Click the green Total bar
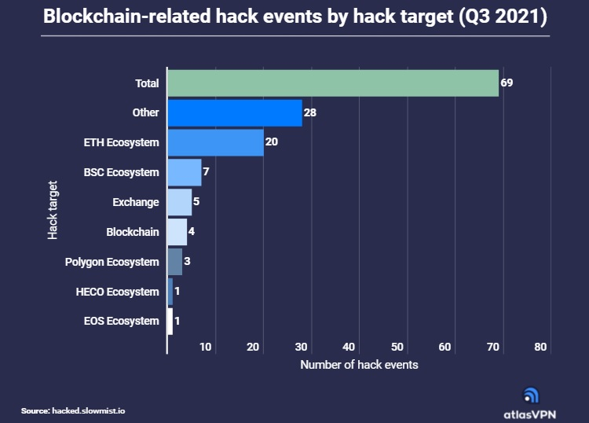click(333, 83)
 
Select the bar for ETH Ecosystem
click(215, 142)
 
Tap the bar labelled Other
click(235, 112)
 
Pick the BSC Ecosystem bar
click(185, 172)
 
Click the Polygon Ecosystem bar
click(174, 262)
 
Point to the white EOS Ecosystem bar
click(170, 321)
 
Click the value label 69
click(507, 83)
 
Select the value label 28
click(310, 112)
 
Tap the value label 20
click(272, 142)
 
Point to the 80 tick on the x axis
click(540, 347)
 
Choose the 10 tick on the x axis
click(206, 347)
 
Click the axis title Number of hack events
click(359, 365)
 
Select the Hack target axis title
click(53, 211)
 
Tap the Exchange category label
click(135, 202)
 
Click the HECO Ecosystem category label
click(117, 292)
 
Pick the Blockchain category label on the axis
click(132, 232)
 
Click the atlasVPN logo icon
click(531, 395)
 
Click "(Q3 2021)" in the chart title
click(503, 17)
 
